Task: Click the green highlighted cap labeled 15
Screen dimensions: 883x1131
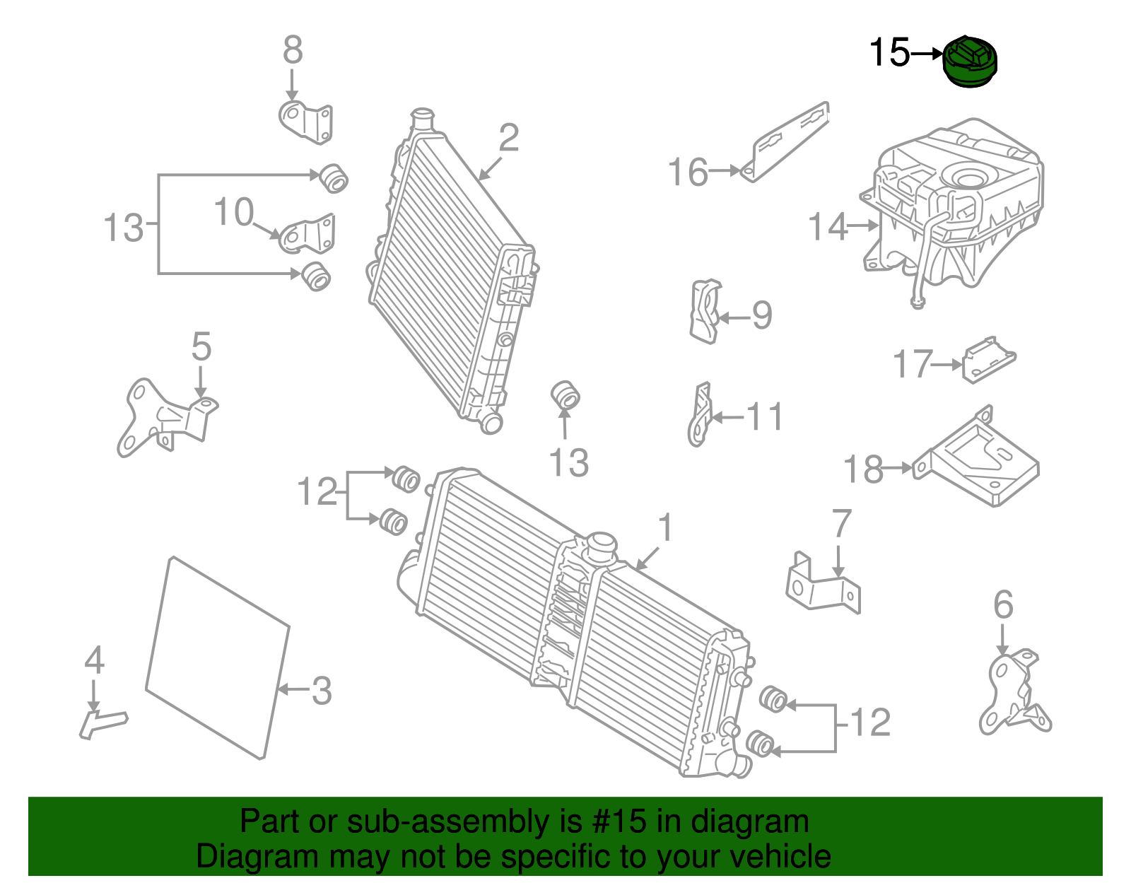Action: [x=971, y=62]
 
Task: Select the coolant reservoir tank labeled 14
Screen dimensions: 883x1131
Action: [x=954, y=205]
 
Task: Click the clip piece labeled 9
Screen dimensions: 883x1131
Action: [x=704, y=311]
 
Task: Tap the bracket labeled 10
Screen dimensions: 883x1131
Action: [x=308, y=233]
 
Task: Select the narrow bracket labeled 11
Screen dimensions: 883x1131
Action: [x=699, y=417]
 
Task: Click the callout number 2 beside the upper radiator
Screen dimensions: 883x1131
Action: [x=509, y=138]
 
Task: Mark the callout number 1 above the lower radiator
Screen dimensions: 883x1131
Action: [x=664, y=528]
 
